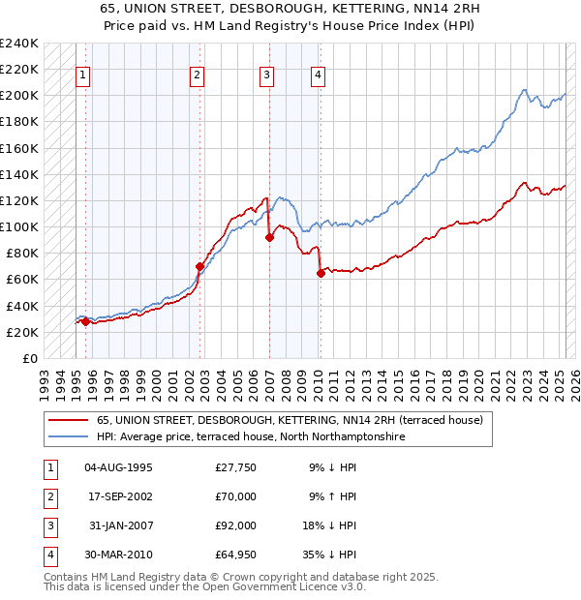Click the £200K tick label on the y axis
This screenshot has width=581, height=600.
click(19, 96)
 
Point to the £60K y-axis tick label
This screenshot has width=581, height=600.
click(22, 280)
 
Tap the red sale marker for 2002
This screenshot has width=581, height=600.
click(200, 266)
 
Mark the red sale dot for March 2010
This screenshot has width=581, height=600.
click(320, 273)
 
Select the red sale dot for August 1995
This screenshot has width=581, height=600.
click(85, 321)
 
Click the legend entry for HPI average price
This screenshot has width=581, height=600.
click(250, 437)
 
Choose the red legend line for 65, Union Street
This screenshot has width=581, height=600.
click(68, 421)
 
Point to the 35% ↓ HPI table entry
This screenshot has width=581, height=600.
click(330, 555)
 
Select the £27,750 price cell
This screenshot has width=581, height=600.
click(235, 467)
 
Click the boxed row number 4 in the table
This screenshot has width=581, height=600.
click(49, 555)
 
